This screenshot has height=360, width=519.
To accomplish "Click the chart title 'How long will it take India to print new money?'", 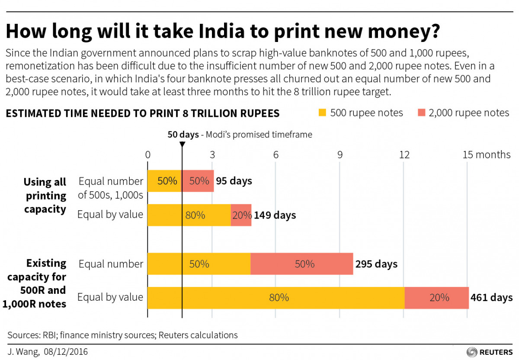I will coord(222,32).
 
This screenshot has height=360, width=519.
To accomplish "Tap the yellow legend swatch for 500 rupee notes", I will coord(321,113).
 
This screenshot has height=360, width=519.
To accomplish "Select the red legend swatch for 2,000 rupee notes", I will coord(422,113).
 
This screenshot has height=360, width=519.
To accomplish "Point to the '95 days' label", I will coord(234,181).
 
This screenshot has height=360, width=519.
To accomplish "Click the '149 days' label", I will coord(275,215).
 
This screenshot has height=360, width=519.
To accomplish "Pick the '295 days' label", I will coord(376,264).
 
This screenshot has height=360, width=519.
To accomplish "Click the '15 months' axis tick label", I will coord(487,155).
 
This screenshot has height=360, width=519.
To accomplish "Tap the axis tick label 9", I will coord(340,155).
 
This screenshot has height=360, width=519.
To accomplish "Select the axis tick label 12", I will coord(404,155).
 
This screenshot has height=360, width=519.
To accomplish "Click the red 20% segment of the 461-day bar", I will coord(436,298).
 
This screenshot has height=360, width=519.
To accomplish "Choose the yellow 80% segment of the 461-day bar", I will coord(276,298).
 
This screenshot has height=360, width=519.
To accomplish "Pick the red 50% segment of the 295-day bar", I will coord(301,264).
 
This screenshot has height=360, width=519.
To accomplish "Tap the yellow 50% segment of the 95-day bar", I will coord(164,181).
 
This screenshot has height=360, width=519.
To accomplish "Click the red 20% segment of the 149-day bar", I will coord(241,215).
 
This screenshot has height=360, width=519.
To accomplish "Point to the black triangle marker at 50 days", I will coord(182,144).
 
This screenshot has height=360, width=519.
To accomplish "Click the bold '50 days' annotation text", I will coord(183,135).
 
